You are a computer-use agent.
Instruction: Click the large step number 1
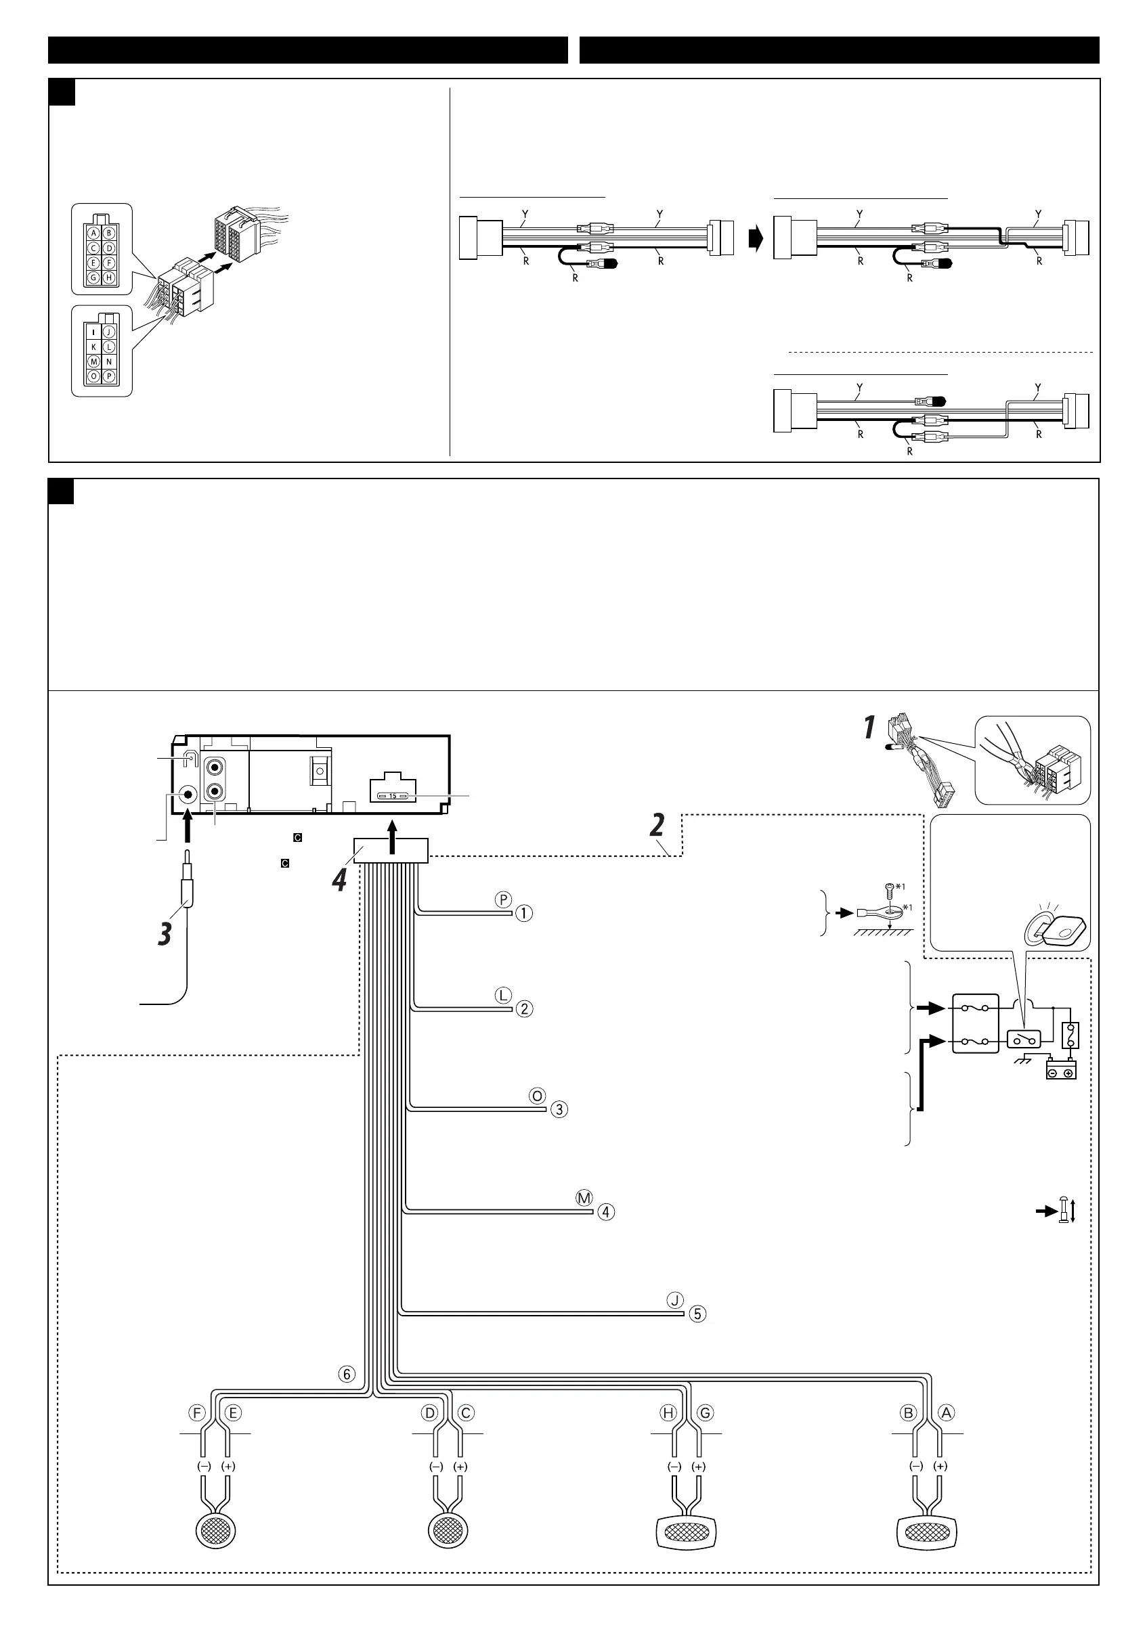point(869,728)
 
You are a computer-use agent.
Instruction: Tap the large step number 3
point(165,933)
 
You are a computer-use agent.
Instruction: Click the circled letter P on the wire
point(502,900)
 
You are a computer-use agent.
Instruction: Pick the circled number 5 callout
point(697,1314)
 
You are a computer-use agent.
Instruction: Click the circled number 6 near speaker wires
point(347,1374)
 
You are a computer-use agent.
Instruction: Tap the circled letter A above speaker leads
point(947,1413)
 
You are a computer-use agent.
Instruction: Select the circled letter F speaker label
point(196,1413)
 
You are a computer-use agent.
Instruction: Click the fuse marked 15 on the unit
point(392,796)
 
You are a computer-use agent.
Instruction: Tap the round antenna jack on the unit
point(188,795)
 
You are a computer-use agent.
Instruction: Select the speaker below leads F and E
point(215,1533)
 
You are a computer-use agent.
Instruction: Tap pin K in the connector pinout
point(93,347)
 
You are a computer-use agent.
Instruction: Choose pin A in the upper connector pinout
point(93,232)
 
